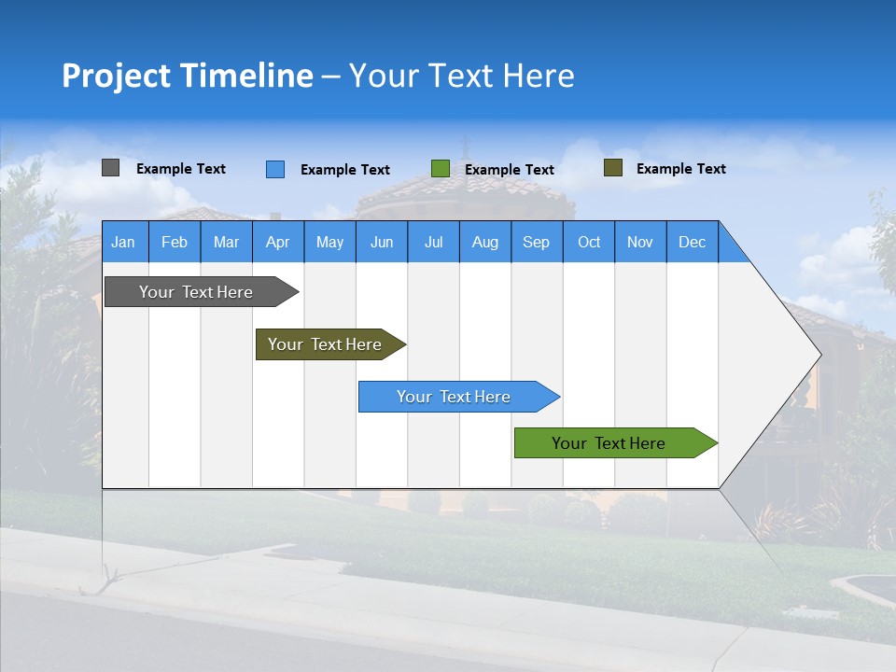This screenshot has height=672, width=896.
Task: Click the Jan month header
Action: (x=124, y=242)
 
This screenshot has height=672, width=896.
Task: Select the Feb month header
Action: (x=175, y=242)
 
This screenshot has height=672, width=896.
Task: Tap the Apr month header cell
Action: (x=278, y=242)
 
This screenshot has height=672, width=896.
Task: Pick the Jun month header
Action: (x=382, y=242)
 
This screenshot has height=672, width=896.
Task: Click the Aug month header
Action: (x=485, y=242)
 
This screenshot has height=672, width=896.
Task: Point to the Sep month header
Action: (x=537, y=242)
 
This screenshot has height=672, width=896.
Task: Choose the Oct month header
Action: (x=589, y=242)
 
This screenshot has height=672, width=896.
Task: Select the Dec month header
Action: (x=693, y=242)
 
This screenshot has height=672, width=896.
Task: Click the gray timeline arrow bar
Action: (x=197, y=292)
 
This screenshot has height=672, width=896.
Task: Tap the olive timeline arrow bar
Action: (x=326, y=344)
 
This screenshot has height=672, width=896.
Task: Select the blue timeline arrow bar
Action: (x=455, y=397)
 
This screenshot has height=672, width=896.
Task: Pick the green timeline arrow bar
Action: (x=609, y=443)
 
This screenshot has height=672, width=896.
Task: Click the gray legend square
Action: (x=111, y=168)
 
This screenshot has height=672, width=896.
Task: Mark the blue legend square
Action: (x=275, y=169)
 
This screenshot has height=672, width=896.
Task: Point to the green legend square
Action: (x=441, y=169)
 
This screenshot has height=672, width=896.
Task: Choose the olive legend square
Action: (x=613, y=168)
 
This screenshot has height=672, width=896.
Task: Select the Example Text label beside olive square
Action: (x=680, y=169)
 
